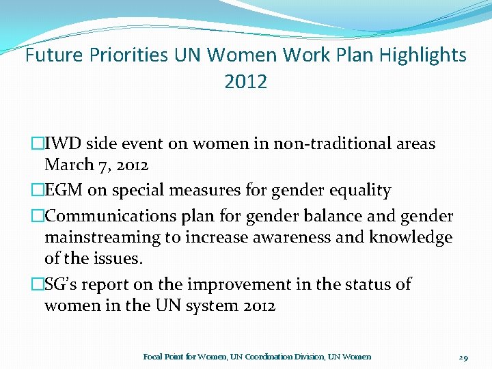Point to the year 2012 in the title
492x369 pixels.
(245, 82)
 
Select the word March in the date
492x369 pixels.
(69, 165)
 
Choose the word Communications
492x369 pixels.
(109, 217)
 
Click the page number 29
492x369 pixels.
(463, 357)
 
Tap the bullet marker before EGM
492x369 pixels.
(38, 191)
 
